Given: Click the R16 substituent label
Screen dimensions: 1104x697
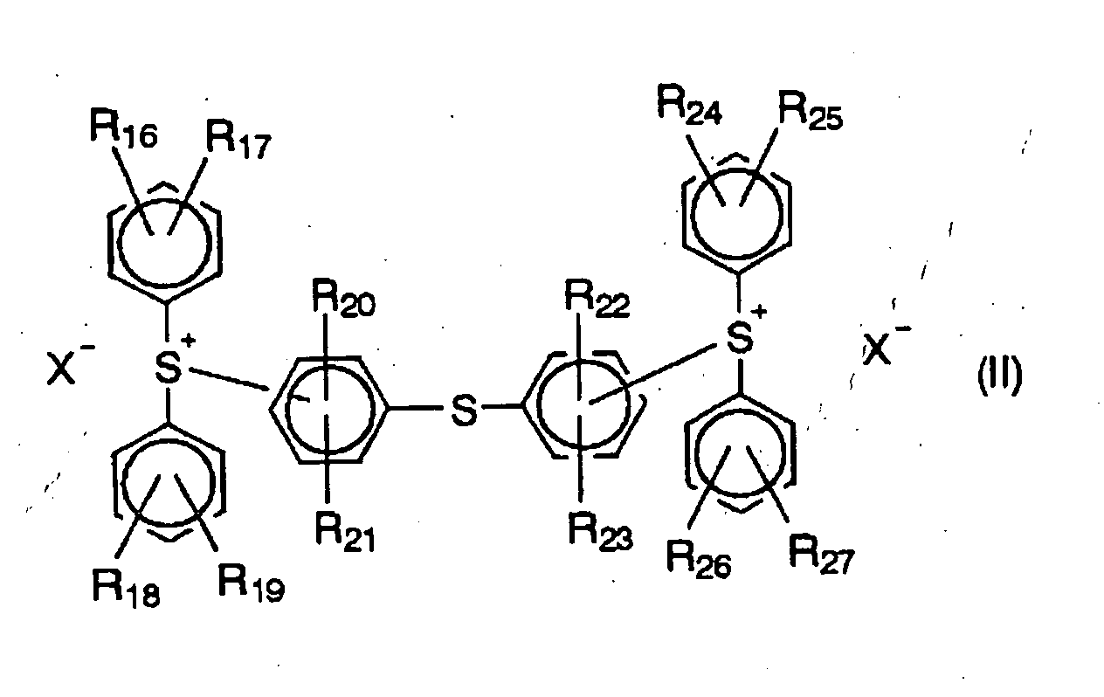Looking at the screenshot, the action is tap(124, 129).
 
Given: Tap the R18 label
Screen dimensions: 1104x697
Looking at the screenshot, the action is tap(126, 588).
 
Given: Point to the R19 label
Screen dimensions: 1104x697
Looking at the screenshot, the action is tap(252, 583).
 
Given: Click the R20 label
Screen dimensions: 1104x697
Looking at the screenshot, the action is tap(343, 299).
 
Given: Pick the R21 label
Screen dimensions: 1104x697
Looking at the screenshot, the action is tap(346, 534).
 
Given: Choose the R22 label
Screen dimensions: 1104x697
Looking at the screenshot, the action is tap(597, 299).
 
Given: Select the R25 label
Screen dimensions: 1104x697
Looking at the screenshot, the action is tap(811, 113).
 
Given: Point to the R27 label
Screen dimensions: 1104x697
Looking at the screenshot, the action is tap(822, 554).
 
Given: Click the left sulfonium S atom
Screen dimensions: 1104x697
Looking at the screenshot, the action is tap(168, 368).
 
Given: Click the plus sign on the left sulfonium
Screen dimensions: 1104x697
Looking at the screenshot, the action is tap(189, 340).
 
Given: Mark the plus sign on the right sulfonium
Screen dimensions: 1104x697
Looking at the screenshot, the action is tap(761, 311).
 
